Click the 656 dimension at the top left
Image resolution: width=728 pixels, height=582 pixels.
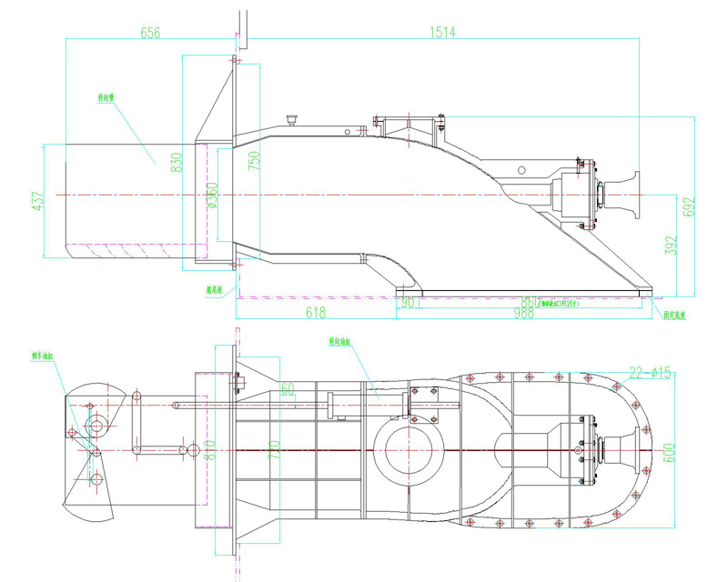click(x=150, y=33)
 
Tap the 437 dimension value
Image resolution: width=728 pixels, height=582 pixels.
click(x=37, y=201)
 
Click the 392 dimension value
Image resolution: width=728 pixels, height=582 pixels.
click(x=670, y=246)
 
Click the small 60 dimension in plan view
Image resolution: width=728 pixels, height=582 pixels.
click(x=288, y=389)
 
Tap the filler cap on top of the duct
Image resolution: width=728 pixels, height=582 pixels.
click(x=292, y=119)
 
